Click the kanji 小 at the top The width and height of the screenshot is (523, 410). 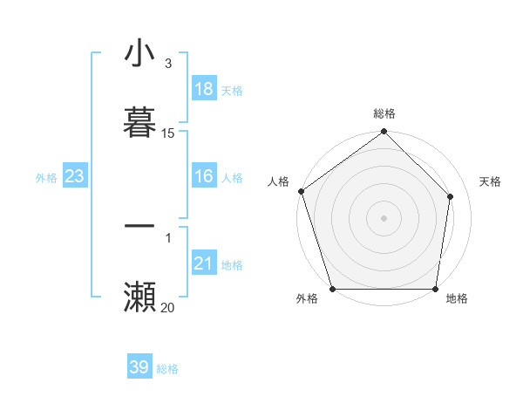[140, 54]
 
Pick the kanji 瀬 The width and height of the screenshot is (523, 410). [140, 297]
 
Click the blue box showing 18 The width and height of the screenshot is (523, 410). [204, 89]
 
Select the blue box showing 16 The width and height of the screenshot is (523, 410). [204, 176]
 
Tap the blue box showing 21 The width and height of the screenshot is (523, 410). [204, 263]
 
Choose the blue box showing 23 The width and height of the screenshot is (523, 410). [74, 176]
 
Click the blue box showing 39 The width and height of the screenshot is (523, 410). [139, 367]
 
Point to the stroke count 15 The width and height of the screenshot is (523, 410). [168, 133]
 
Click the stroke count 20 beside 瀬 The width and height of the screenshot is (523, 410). [168, 307]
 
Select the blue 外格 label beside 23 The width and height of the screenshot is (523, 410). [46, 177]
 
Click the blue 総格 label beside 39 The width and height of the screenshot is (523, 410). [167, 369]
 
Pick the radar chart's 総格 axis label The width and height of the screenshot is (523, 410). [384, 113]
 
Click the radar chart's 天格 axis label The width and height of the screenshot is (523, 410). [491, 181]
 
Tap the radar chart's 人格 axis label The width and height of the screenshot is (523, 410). [278, 181]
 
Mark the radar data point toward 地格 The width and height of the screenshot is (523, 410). [436, 289]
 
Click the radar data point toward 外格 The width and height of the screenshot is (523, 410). [332, 289]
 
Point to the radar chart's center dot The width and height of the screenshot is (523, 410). [384, 217]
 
